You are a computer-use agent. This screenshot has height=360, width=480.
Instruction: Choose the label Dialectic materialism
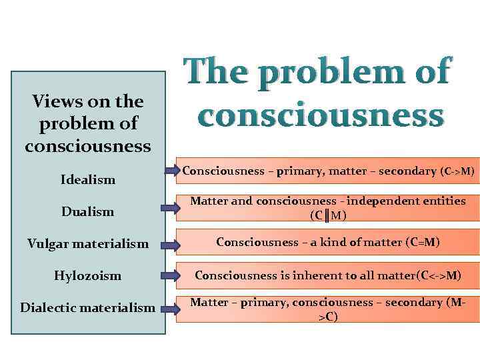88,307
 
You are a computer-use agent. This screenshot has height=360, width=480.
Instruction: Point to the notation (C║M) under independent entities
327,215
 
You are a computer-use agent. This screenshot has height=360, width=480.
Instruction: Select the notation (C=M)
421,242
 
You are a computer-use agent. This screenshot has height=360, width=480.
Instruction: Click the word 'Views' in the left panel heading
55,102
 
